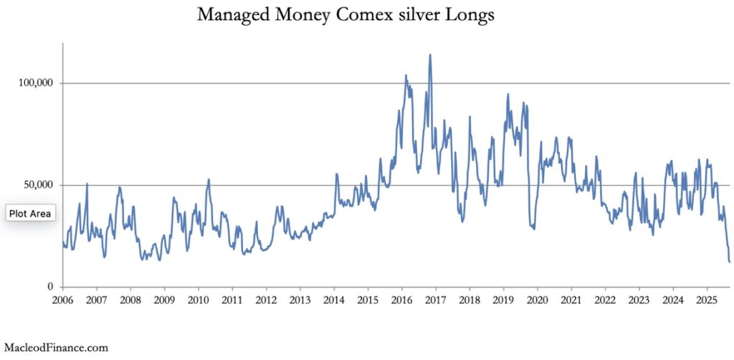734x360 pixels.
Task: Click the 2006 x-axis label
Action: (x=62, y=299)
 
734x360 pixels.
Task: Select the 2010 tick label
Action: (x=198, y=299)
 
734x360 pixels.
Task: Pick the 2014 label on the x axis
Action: (x=334, y=299)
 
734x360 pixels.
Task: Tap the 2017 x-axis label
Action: (x=436, y=299)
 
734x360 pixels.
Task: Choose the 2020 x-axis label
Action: (x=538, y=299)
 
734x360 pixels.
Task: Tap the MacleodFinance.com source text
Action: (x=55, y=348)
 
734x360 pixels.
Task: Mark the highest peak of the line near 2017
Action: (x=430, y=55)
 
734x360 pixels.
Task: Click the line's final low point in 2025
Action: (x=729, y=262)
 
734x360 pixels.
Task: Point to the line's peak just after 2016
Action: (x=406, y=75)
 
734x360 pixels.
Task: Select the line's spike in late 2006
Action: (x=87, y=184)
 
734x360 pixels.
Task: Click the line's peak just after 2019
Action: (x=507, y=94)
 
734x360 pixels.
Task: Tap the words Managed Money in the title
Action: (x=252, y=14)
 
